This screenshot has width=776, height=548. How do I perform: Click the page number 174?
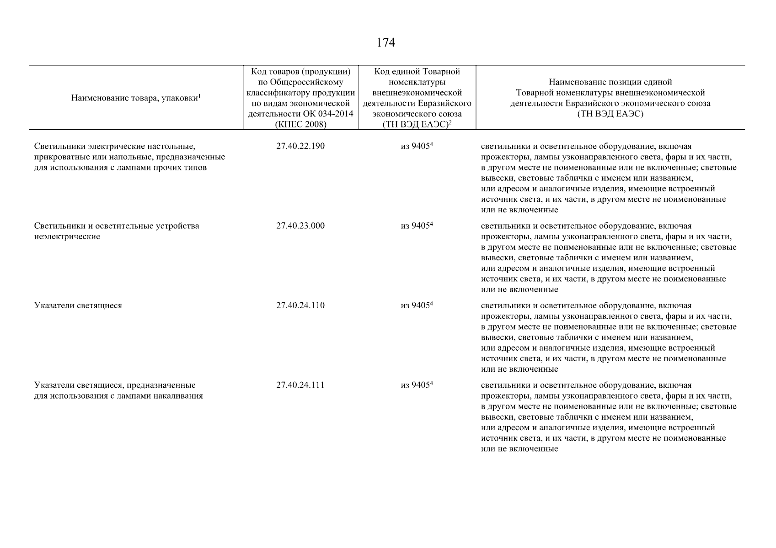point(385,43)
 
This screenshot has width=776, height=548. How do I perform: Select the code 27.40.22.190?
point(300,147)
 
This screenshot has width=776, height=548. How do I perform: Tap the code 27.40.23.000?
point(300,226)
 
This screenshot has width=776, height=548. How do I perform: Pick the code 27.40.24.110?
point(300,306)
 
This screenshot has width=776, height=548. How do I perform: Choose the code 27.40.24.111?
point(300,385)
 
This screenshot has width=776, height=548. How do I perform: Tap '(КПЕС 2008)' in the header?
point(300,124)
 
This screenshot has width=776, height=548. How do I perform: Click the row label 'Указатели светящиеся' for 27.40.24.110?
point(78,306)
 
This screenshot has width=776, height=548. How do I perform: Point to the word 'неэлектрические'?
point(67,237)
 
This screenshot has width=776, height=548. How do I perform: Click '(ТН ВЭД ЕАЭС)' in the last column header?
point(610,114)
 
